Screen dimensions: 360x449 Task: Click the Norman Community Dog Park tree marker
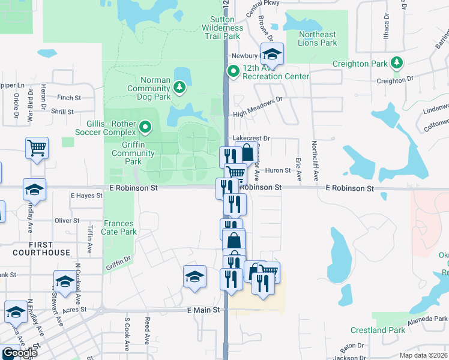point(179,88)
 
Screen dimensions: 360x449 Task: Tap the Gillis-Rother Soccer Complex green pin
point(145,127)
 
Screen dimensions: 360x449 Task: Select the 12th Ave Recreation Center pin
point(233,72)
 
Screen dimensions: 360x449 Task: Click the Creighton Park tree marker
point(396,63)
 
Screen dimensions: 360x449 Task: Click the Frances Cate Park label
point(120,227)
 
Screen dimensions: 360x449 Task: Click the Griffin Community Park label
point(127,153)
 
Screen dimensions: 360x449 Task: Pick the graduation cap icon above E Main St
point(194,277)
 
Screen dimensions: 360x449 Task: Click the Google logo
point(19,353)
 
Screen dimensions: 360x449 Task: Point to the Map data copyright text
point(424,355)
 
